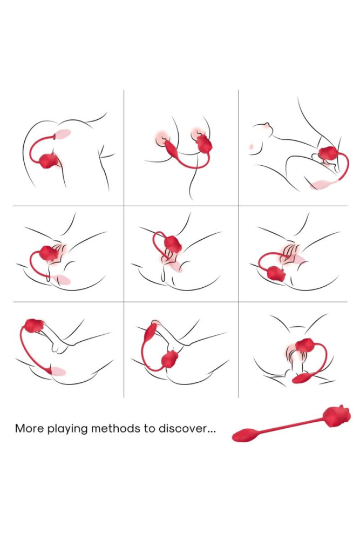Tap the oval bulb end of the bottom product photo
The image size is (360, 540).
point(245,435)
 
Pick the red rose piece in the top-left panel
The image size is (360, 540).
point(50,160)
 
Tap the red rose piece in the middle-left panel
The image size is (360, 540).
point(49,252)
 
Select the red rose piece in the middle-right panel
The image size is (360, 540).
point(277,274)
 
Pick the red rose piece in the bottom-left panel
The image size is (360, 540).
point(35,326)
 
